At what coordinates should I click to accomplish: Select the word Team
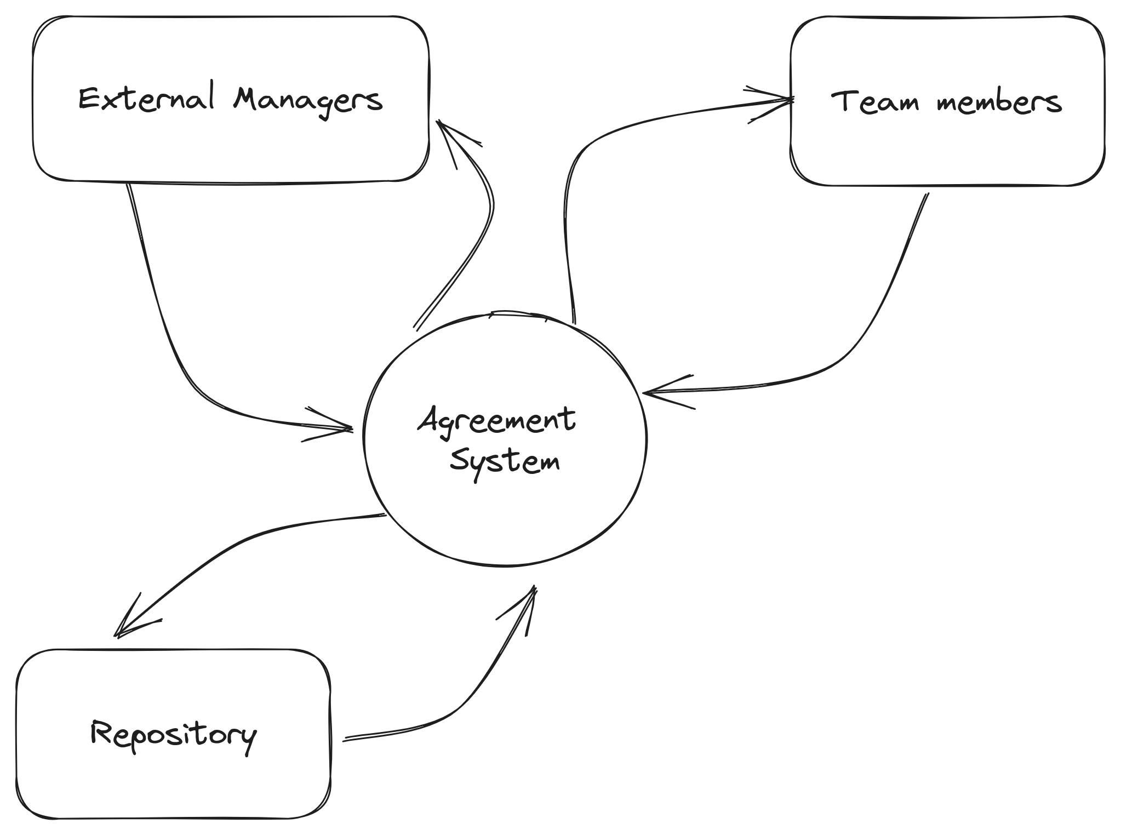874,102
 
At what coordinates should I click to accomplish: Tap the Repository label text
173,734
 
